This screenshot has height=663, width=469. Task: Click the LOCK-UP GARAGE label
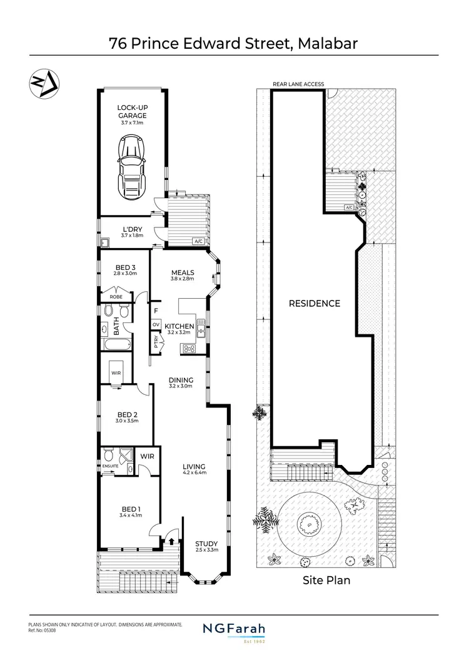[131, 112]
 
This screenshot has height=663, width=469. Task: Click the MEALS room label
[183, 272]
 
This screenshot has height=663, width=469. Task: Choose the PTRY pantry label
[156, 342]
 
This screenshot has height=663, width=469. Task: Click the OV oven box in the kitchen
[156, 324]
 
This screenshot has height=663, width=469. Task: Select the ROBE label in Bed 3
[116, 297]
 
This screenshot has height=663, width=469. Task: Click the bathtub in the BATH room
[115, 343]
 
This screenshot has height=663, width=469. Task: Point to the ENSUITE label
[110, 465]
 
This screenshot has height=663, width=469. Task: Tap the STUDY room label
[206, 544]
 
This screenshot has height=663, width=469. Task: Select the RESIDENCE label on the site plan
[314, 304]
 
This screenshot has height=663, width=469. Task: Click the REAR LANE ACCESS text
[298, 84]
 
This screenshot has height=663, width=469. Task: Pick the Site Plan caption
[326, 580]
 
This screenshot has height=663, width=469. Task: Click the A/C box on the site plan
[349, 207]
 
